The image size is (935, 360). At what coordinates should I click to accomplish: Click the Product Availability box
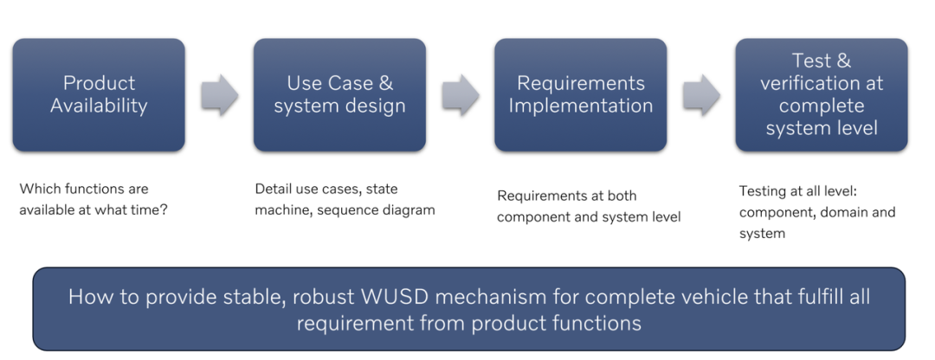98,95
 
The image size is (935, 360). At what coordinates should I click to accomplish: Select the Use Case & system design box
339,95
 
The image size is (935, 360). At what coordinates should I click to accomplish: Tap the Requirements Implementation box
580,95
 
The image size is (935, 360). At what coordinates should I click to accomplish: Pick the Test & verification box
822,95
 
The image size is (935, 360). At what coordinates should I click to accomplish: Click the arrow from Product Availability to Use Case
219,95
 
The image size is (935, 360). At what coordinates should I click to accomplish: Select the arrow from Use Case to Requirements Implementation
461,95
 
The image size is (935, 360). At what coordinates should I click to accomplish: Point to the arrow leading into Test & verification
701,95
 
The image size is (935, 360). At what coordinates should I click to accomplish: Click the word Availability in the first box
99,106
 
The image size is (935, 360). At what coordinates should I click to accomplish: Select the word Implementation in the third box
581,106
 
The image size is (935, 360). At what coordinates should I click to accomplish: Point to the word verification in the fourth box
822,84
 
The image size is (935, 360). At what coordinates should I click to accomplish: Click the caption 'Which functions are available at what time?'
93,200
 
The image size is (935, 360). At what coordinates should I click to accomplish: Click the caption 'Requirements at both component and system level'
589,206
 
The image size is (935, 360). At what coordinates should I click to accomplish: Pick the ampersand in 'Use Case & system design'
385,84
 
